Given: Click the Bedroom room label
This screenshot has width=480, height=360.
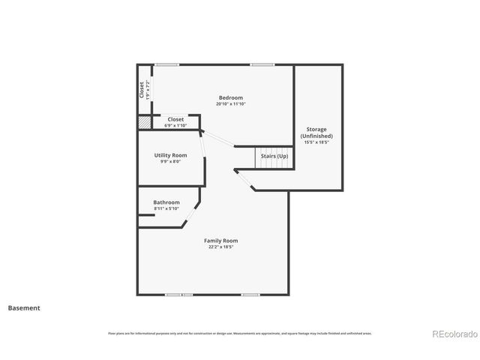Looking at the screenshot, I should (x=230, y=97).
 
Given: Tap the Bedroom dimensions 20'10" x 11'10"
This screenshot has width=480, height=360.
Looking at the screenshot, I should (x=230, y=103).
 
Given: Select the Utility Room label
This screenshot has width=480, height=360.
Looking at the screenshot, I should (x=170, y=155).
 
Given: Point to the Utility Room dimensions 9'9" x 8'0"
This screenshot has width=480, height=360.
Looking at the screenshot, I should (x=170, y=161).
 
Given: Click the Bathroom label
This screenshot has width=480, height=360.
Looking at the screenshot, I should (x=166, y=202).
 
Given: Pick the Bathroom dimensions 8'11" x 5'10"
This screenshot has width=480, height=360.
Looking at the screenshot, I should (x=166, y=208).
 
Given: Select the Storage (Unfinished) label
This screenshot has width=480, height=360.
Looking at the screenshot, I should (x=316, y=133).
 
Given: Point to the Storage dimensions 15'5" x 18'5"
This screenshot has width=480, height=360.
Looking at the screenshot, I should (x=316, y=142).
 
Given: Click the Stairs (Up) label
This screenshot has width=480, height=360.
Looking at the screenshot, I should (x=274, y=156).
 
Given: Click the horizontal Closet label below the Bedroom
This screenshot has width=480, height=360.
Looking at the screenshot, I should (x=175, y=119).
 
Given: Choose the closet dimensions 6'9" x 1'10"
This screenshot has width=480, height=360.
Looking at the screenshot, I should (x=175, y=124).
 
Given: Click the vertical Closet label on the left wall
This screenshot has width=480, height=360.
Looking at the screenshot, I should (x=142, y=89).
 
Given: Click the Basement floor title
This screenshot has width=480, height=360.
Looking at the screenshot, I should (x=24, y=307).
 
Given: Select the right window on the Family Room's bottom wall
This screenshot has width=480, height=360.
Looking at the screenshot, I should (x=250, y=295).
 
